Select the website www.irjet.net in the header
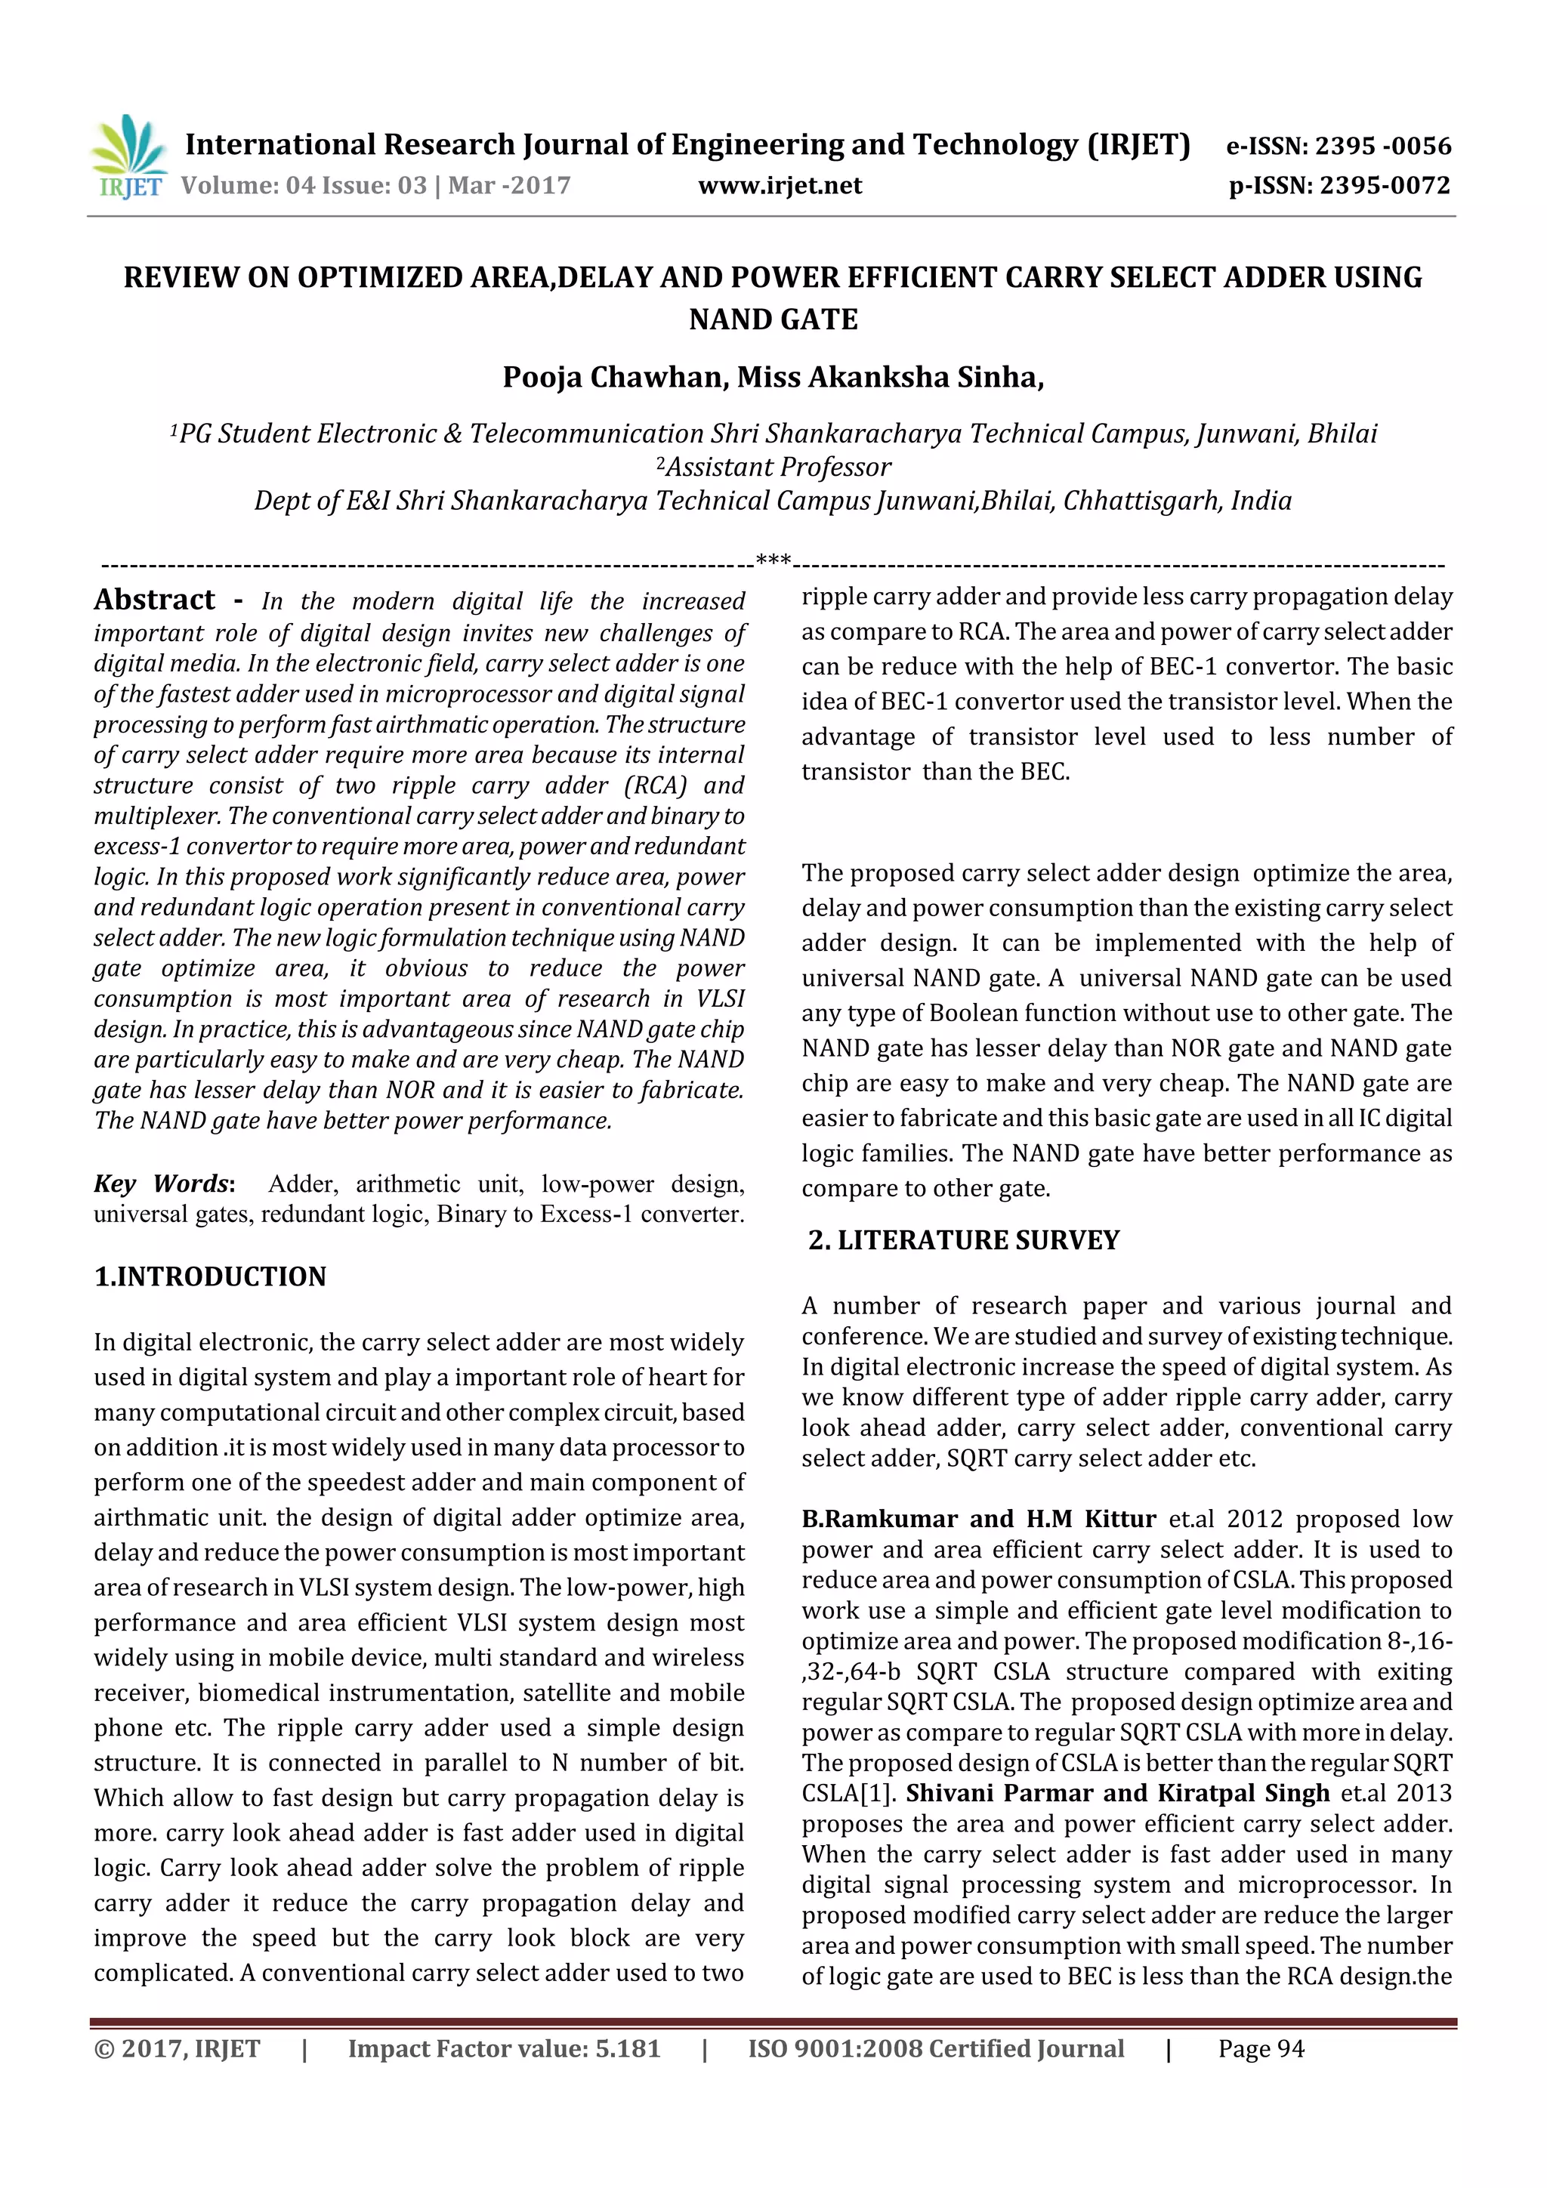[x=780, y=186]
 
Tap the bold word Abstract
[x=154, y=600]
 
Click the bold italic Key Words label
[x=163, y=1183]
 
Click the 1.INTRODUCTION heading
[x=210, y=1276]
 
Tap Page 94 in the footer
[x=1260, y=2049]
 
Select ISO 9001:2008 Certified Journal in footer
[x=935, y=2049]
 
